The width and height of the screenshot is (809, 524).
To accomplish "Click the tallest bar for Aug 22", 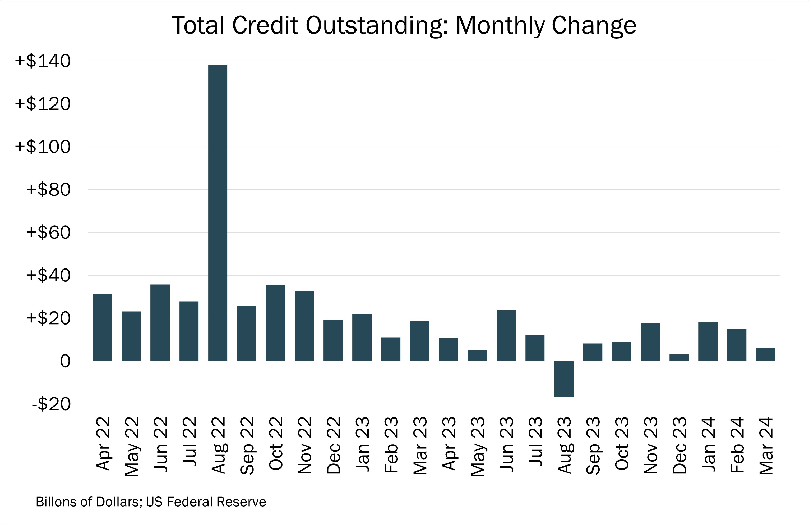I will coord(218,213).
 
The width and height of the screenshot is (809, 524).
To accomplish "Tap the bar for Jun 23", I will coord(506,335).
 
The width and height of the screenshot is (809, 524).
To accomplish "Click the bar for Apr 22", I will coord(102,327).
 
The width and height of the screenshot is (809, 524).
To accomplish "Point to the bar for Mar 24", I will coord(765,354).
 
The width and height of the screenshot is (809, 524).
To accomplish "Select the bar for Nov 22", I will coord(304,326).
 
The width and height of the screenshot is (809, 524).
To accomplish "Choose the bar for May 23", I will coord(477,356).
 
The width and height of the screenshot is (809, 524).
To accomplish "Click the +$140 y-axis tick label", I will coord(43,61).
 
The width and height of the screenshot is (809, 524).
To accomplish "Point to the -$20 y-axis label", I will coord(51,404).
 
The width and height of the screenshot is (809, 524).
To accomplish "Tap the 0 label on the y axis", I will coord(65,361).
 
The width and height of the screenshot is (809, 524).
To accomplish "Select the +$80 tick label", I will coord(48,190).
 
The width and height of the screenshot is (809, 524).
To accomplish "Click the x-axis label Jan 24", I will coord(708,444).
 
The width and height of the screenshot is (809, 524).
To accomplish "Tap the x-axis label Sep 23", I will coord(593,445).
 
